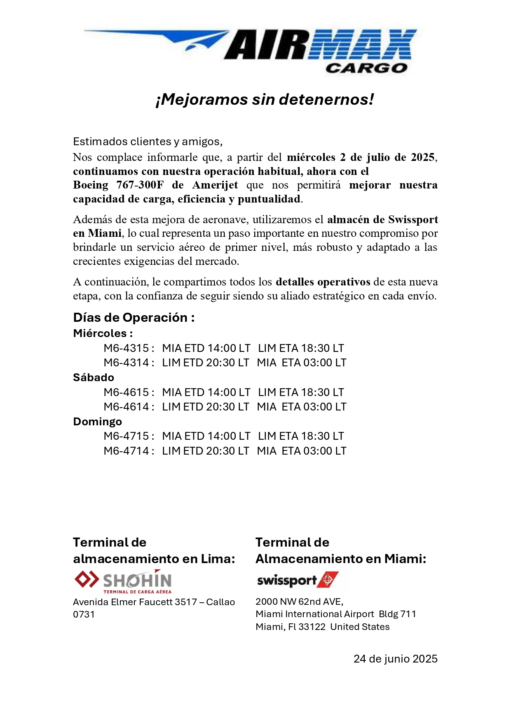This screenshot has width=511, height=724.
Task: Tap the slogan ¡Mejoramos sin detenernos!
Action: [265, 99]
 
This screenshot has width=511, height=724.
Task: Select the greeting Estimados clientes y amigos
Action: [148, 141]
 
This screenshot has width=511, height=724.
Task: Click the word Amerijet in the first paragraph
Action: [215, 185]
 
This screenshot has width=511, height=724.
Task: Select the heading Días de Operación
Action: [134, 317]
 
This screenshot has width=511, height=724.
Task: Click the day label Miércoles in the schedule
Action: [103, 333]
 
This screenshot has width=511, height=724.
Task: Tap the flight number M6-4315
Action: [126, 348]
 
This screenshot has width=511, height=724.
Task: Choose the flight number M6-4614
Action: [126, 407]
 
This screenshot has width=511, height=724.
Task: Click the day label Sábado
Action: [94, 377]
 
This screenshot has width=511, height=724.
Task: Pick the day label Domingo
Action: [97, 422]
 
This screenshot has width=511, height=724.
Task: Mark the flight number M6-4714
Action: [126, 451]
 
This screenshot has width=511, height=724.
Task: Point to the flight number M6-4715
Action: [126, 436]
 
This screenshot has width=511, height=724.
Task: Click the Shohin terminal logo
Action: [123, 581]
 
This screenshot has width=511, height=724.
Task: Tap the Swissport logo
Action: [298, 580]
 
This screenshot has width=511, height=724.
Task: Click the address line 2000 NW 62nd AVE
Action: [299, 601]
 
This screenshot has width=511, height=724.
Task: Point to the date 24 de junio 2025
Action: [395, 659]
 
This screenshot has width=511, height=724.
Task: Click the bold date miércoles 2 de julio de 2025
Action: [361, 157]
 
